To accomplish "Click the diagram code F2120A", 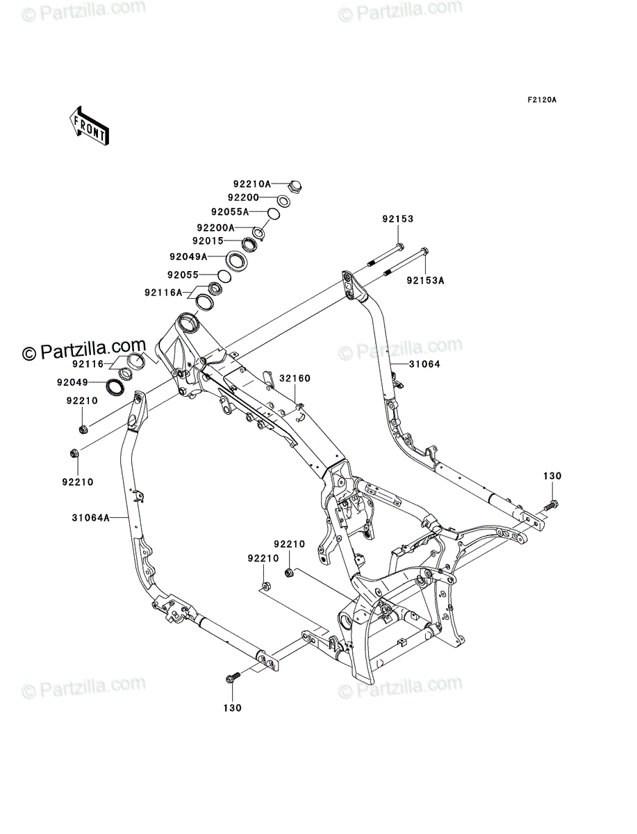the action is click(x=542, y=100).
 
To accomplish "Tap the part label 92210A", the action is click(x=252, y=184).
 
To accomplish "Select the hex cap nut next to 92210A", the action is click(x=295, y=186).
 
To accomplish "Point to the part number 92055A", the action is click(x=230, y=212).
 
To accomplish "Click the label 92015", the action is click(x=208, y=241).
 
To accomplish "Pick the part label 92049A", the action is click(x=188, y=257).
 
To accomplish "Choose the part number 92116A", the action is click(x=163, y=293).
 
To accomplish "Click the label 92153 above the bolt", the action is click(x=398, y=219).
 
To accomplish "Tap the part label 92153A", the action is click(x=425, y=281).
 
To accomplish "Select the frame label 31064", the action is click(x=425, y=364).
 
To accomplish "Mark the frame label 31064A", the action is click(x=90, y=518).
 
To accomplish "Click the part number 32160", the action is click(x=295, y=379).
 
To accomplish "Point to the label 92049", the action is click(x=72, y=382).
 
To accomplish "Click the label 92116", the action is click(x=88, y=364).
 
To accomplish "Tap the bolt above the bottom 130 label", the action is click(x=233, y=678).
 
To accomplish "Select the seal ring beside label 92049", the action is click(x=115, y=387).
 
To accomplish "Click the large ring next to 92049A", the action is click(x=236, y=261).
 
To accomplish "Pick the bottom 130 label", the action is click(x=232, y=708).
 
